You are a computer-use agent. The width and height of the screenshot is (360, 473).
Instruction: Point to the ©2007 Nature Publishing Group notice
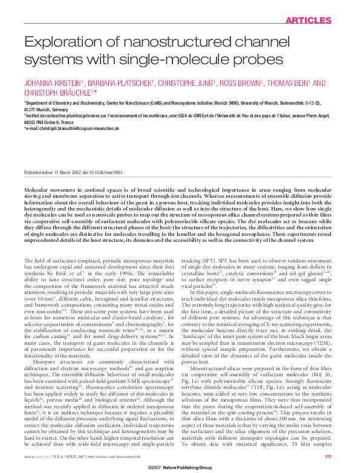coord(179,468)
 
